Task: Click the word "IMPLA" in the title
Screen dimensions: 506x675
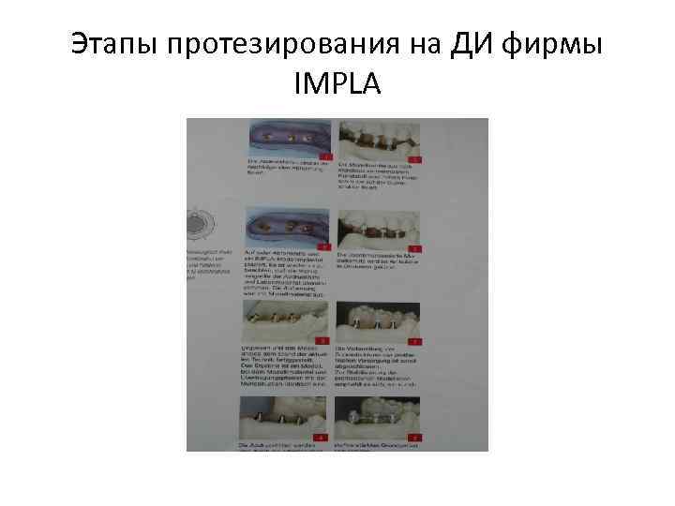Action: (337, 85)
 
